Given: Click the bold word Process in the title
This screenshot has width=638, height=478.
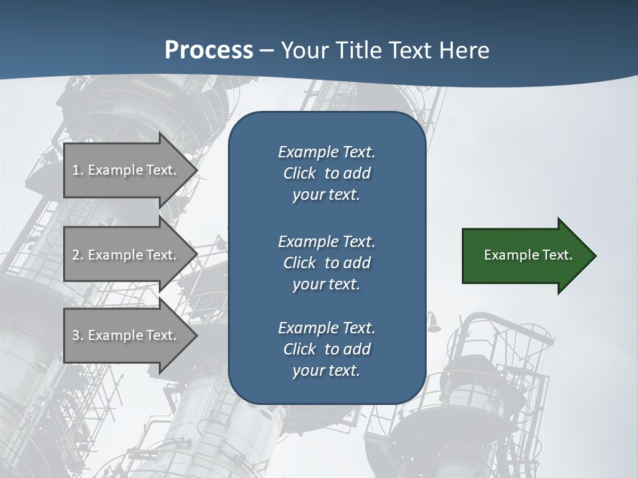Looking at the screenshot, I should tap(209, 50).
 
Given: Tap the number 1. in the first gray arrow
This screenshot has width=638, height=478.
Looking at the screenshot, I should tap(77, 170).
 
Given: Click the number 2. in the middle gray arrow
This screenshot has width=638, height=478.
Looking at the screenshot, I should tap(77, 255).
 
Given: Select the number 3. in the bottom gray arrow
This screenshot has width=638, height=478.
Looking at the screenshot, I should tap(77, 335).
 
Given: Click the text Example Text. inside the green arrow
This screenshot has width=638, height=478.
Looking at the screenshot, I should tap(528, 255).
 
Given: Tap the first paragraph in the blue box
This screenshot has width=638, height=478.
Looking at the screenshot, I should tap(326, 173).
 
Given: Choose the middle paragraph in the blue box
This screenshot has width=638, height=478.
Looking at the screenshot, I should tap(326, 262).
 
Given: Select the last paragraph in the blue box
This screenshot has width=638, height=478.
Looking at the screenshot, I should tap(326, 349).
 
